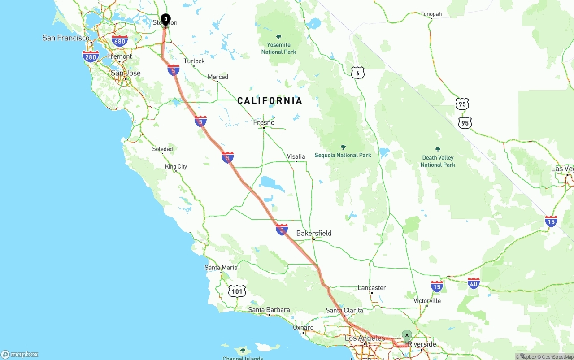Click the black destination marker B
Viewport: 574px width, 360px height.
pyautogui.click(x=165, y=20)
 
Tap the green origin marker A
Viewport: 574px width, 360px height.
pyautogui.click(x=407, y=335)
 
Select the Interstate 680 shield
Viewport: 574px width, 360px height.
pyautogui.click(x=120, y=41)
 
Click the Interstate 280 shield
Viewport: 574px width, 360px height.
pyautogui.click(x=91, y=56)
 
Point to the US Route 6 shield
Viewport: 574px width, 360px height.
pyautogui.click(x=357, y=73)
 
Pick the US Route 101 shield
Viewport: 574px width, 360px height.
pyautogui.click(x=237, y=291)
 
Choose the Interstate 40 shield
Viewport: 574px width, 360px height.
pyautogui.click(x=474, y=283)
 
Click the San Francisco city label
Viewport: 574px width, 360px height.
pyautogui.click(x=66, y=38)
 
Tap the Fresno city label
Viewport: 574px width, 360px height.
pyautogui.click(x=264, y=122)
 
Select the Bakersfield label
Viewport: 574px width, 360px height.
pyautogui.click(x=314, y=233)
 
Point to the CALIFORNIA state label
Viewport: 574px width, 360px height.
pyautogui.click(x=270, y=101)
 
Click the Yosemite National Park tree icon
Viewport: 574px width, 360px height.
pyautogui.click(x=278, y=37)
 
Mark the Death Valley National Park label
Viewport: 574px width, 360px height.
pyautogui.click(x=438, y=161)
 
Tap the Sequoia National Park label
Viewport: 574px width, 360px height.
pyautogui.click(x=343, y=155)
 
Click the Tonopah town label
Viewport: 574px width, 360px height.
pyautogui.click(x=431, y=14)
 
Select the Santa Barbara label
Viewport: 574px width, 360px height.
pyautogui.click(x=269, y=310)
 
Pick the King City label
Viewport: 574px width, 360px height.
pyautogui.click(x=176, y=166)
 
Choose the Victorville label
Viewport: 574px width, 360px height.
pyautogui.click(x=427, y=301)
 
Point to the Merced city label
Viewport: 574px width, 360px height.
pyautogui.click(x=218, y=77)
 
